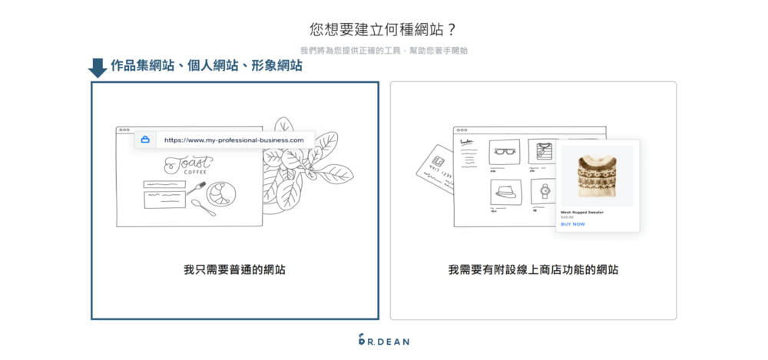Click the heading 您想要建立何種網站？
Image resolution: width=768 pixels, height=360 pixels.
[x=383, y=29]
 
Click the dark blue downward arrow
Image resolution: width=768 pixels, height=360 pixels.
[x=98, y=68]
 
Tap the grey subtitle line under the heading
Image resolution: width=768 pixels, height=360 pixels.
[x=383, y=51]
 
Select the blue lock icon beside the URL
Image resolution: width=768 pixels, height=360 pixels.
[x=144, y=140]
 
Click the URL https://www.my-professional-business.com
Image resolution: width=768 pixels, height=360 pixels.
[x=233, y=140]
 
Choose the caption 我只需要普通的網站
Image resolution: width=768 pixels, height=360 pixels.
[x=234, y=270]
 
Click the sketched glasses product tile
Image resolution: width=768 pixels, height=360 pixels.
[x=505, y=151]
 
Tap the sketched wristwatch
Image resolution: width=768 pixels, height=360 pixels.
[x=545, y=190]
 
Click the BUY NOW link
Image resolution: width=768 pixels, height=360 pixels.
[x=573, y=224]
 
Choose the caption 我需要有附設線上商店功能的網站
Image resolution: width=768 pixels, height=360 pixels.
[x=533, y=270]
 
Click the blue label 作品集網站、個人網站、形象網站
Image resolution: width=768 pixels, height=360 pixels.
[x=206, y=66]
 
